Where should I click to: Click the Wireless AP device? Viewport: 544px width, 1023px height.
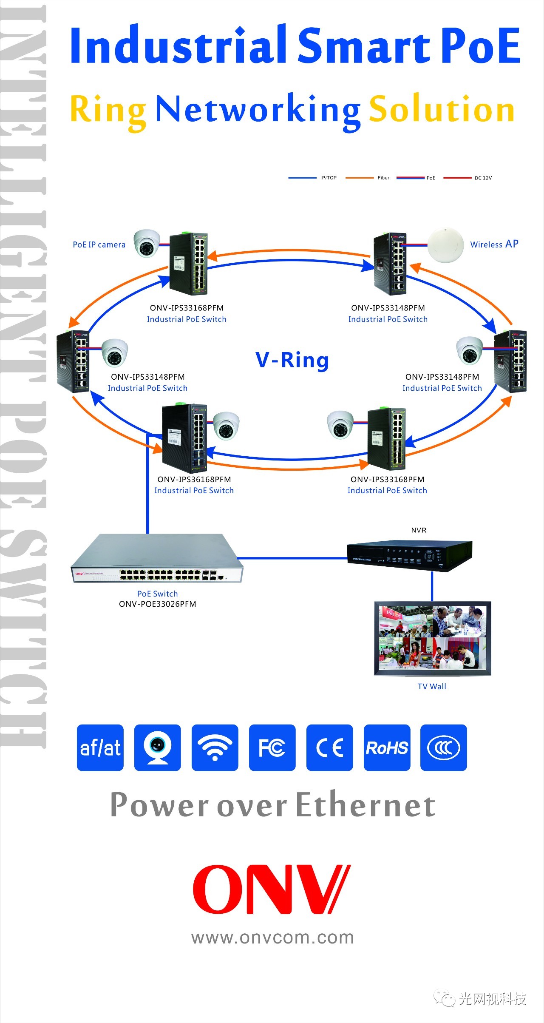point(445,246)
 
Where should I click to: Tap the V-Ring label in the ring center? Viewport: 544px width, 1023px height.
point(292,360)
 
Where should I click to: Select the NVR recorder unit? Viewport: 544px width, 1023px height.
point(409,556)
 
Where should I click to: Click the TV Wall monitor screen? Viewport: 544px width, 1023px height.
point(432,637)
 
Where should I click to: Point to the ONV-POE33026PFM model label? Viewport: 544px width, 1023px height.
point(158,604)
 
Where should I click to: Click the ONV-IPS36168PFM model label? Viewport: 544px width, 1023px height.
point(194,479)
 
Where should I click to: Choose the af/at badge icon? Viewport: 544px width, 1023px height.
point(100,747)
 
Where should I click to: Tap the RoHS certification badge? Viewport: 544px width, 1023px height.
point(387,747)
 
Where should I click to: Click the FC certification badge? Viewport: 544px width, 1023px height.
point(272,747)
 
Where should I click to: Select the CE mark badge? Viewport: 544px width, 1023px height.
point(329,747)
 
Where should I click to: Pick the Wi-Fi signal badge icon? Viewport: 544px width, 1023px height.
point(215,747)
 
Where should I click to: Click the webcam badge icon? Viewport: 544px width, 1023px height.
point(157,747)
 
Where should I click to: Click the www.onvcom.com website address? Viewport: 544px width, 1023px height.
point(272,937)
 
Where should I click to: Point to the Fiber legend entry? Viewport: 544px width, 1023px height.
point(383,178)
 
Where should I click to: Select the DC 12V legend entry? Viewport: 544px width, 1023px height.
point(483,178)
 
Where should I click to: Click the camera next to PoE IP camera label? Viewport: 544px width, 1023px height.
point(146,243)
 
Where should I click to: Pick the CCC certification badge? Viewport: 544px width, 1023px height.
point(443,747)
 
